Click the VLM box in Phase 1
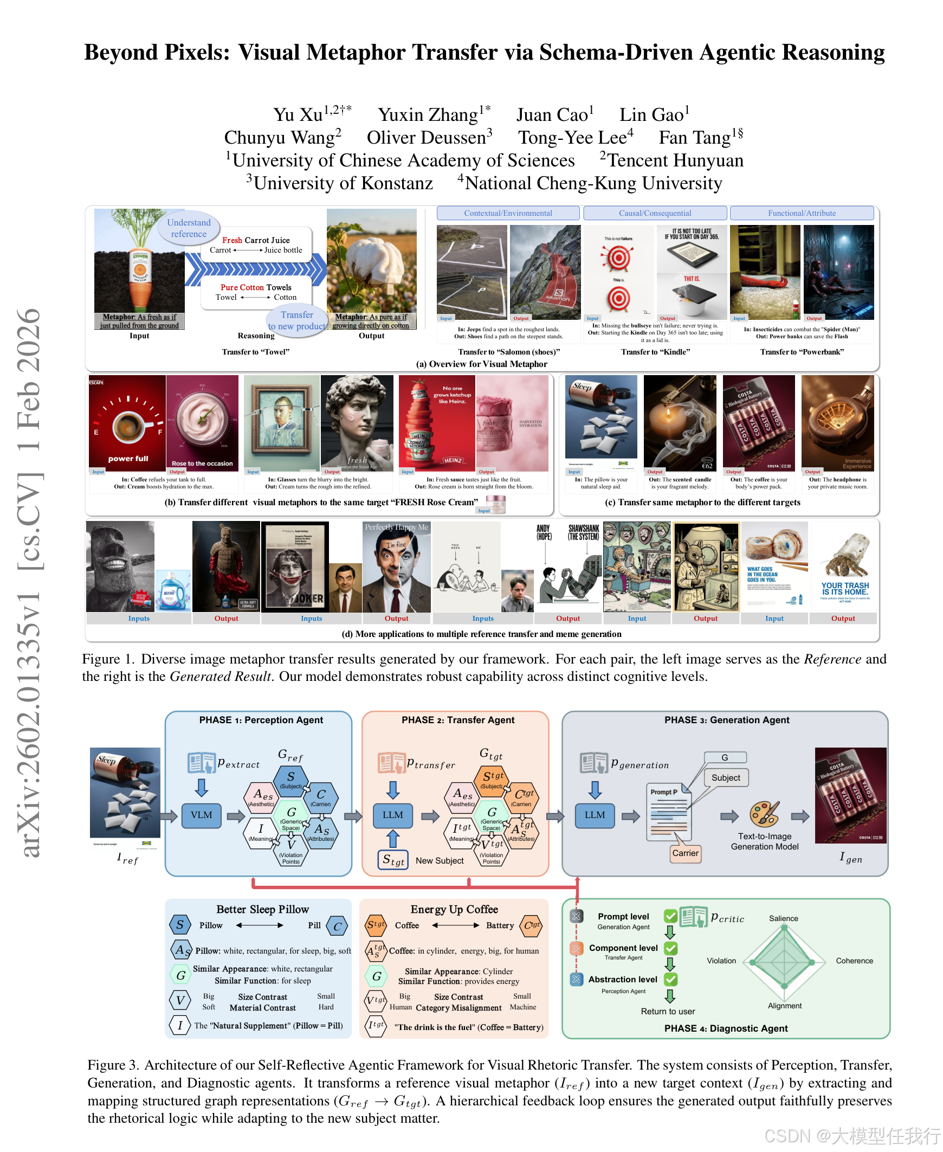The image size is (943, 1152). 202,815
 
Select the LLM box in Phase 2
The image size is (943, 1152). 393,815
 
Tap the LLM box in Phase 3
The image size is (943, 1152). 595,815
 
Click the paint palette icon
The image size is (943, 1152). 765,814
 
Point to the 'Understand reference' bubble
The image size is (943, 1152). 189,228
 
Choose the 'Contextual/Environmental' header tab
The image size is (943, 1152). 508,213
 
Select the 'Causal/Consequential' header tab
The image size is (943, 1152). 655,213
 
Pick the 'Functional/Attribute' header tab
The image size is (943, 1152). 802,213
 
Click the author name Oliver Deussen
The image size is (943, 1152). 429,138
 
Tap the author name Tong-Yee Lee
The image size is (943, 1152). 576,138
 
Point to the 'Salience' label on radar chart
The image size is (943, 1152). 783,918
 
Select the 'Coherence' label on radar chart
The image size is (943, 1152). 855,961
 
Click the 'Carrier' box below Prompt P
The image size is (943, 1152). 686,853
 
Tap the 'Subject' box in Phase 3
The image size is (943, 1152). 726,777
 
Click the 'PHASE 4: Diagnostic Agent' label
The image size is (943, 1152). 726,1028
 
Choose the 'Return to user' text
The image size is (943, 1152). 668,1011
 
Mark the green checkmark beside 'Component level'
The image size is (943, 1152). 671,948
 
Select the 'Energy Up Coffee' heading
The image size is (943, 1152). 454,909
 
